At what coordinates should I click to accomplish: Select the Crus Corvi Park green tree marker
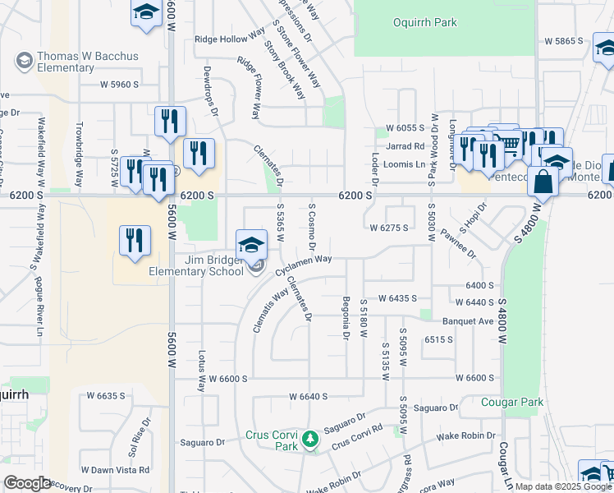[x=309, y=440]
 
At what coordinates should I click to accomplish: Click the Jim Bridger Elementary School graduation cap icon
[x=251, y=242]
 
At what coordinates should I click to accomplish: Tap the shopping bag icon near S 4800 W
[x=543, y=182]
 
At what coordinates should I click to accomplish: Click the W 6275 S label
[x=388, y=228]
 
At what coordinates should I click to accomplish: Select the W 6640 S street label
[x=308, y=396]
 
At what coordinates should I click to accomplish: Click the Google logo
[x=27, y=482]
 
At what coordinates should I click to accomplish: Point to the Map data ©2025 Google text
[x=564, y=486]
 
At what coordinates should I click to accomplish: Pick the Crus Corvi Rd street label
[x=357, y=436]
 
